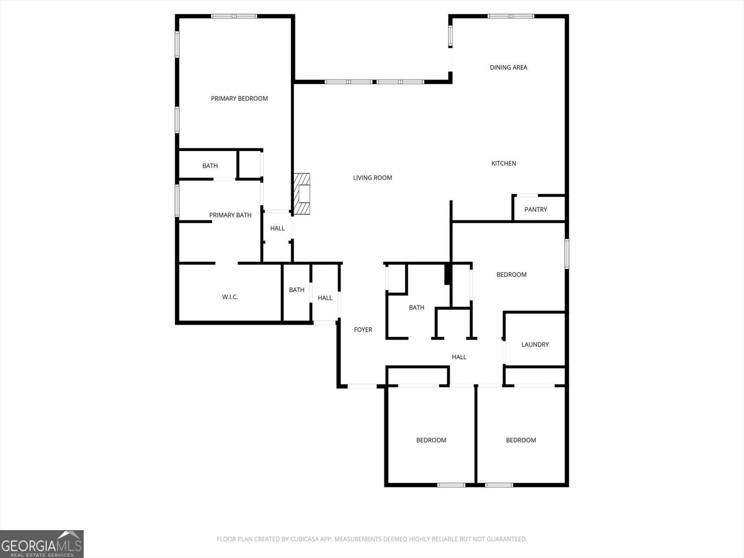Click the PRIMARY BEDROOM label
click(x=239, y=99)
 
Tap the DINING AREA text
click(x=508, y=67)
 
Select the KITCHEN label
click(x=504, y=163)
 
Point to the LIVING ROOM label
click(x=372, y=178)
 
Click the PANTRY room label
click(x=536, y=209)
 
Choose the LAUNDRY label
click(x=535, y=345)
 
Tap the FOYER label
click(x=363, y=330)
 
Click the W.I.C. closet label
click(x=230, y=297)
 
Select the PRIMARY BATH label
click(x=230, y=215)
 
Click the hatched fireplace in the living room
click(x=302, y=194)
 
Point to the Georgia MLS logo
click(x=42, y=544)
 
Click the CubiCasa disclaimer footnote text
click(x=372, y=539)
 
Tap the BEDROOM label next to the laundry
click(x=511, y=275)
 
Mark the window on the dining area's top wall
click(x=511, y=16)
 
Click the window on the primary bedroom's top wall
click(x=234, y=16)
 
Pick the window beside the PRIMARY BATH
click(x=177, y=200)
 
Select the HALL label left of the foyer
click(x=325, y=298)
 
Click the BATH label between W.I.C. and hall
click(x=297, y=290)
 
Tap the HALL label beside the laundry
click(x=459, y=357)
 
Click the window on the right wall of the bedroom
click(x=567, y=254)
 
